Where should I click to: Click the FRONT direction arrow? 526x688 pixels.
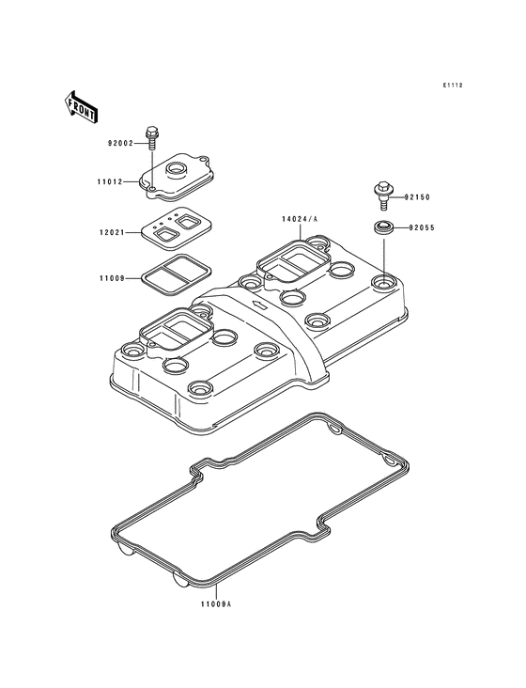80,107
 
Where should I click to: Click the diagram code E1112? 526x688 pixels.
453,86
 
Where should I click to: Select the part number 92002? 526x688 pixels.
120,143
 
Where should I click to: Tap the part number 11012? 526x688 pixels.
110,181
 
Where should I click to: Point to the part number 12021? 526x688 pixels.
112,232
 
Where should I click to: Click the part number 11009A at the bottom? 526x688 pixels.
216,604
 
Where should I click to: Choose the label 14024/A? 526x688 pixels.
301,219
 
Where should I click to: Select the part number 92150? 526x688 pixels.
417,197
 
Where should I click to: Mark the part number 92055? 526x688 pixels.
421,227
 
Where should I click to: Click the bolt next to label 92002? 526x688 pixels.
151,138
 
